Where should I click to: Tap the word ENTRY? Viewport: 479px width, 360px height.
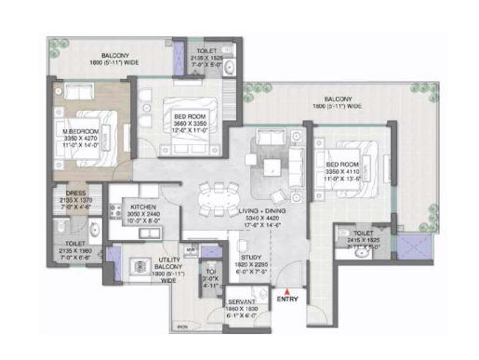pyautogui.click(x=288, y=300)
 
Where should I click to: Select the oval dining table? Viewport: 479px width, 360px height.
pyautogui.click(x=221, y=199)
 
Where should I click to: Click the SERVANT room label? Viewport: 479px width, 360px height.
pyautogui.click(x=244, y=305)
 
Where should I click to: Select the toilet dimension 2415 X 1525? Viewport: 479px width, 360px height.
pyautogui.click(x=364, y=240)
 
